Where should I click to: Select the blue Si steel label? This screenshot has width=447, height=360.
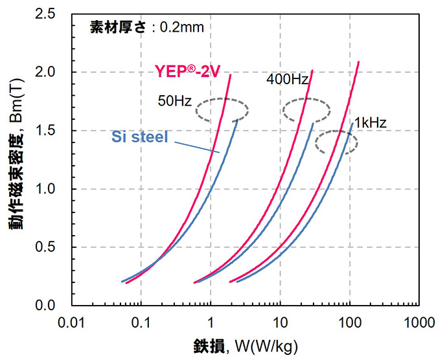tap(139, 137)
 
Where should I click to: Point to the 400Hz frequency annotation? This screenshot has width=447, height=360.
tap(287, 80)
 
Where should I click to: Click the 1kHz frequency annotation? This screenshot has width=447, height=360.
tap(371, 120)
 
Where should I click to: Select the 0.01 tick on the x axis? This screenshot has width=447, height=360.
tap(71, 321)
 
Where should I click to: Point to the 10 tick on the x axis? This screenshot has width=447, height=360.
tap(280, 321)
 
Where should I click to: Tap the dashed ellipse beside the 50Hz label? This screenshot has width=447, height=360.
tap(222, 110)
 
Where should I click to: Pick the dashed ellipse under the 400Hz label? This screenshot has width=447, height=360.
tap(307, 110)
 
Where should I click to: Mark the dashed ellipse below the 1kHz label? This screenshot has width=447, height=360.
tap(336, 142)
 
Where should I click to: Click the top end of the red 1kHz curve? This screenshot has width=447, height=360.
tap(358, 63)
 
